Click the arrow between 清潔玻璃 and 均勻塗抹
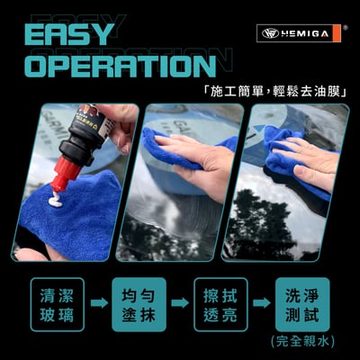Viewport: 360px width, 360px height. [99, 302]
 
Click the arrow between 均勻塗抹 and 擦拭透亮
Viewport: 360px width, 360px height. [181, 302]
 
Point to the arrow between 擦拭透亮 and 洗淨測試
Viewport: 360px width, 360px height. [262, 302]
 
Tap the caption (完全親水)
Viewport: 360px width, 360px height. [301, 341]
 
